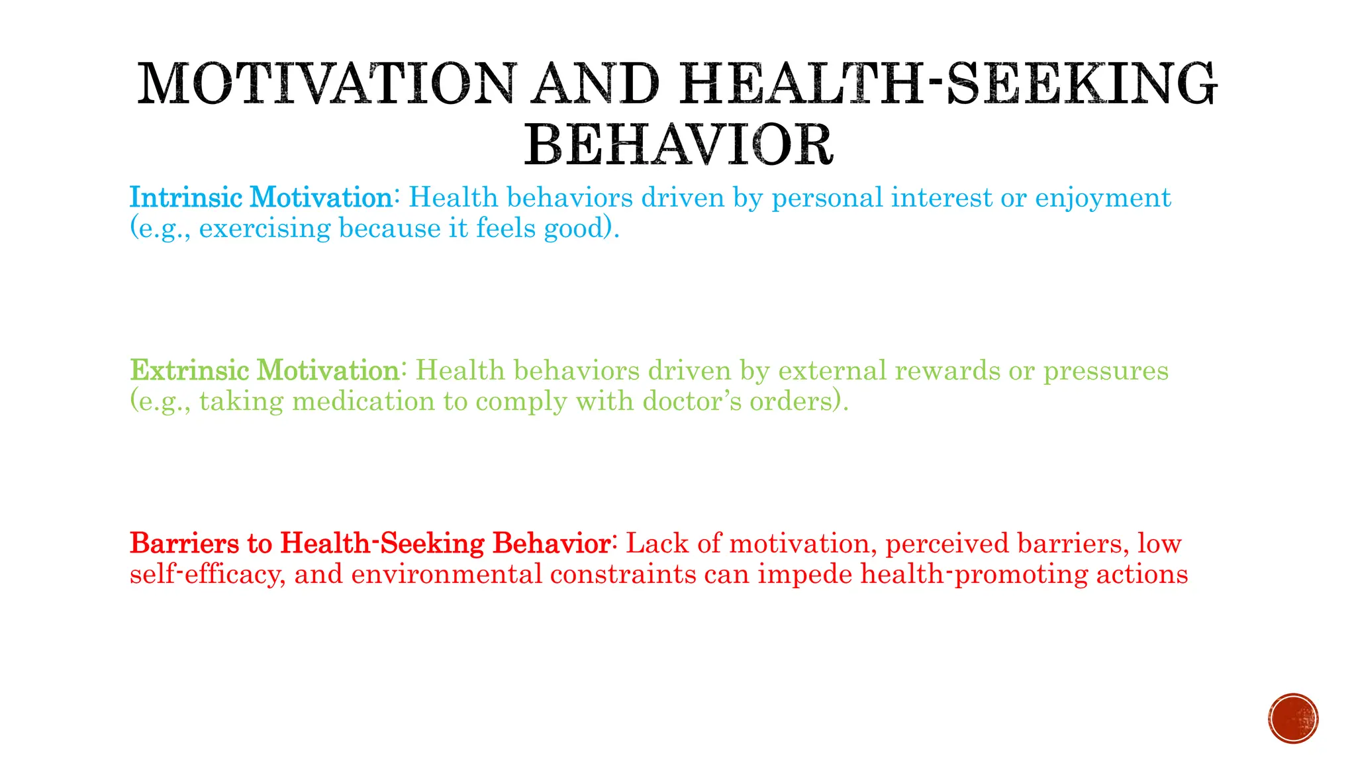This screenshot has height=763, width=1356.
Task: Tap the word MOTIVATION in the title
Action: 325,84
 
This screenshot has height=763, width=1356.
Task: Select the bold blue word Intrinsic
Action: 187,197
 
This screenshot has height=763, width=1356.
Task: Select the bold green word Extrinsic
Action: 189,370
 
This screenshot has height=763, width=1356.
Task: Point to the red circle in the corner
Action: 1293,719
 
